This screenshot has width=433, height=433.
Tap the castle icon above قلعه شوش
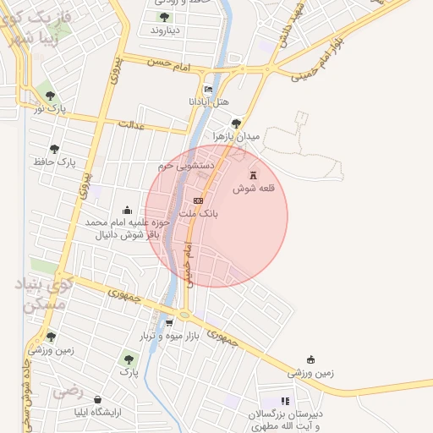click(251, 173)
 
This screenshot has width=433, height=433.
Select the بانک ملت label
click(204, 215)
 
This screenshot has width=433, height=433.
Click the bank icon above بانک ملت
click(198, 200)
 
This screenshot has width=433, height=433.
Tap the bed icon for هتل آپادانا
click(209, 89)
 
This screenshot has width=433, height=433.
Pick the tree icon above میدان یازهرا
click(236, 123)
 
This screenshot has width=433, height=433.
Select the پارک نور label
click(51, 108)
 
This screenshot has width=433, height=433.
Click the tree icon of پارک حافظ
click(54, 149)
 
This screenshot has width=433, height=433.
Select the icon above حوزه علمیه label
click(127, 210)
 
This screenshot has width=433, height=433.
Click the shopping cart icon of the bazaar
click(169, 322)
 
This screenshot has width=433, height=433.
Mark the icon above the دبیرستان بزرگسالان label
click(285, 401)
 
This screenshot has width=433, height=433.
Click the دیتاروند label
click(166, 30)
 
